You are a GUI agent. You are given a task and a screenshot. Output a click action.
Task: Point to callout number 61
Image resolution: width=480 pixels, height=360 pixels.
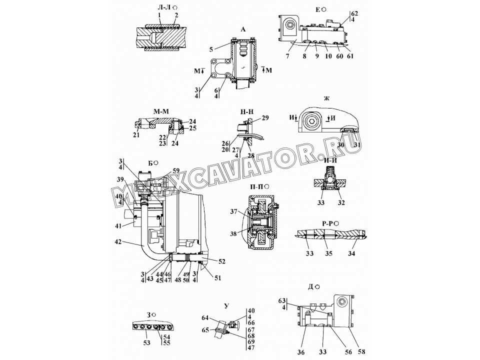[350, 56]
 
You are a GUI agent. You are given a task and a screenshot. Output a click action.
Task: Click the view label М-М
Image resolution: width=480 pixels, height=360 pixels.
[161, 111]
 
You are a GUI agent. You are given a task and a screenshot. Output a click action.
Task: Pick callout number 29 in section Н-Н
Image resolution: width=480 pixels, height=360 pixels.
[265, 118]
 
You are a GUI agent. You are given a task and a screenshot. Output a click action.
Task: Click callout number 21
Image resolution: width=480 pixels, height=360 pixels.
[136, 134]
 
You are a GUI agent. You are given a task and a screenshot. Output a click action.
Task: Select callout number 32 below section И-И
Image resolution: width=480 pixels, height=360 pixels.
[341, 202]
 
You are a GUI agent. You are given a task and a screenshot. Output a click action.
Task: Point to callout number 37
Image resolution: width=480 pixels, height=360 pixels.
[234, 211]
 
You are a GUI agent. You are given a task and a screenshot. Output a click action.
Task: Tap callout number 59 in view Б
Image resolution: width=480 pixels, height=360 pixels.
[176, 170]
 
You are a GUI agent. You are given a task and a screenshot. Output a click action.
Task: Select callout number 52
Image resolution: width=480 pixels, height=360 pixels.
[221, 261]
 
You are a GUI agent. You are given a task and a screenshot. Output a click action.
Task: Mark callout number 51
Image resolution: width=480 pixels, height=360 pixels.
[217, 278]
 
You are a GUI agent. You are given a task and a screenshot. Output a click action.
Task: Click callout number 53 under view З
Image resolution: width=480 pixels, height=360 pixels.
[147, 342]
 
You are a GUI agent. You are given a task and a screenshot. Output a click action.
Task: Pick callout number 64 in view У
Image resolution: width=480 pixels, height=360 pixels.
[205, 318]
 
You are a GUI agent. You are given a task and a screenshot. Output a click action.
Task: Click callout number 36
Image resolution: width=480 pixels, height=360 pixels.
[300, 352]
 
